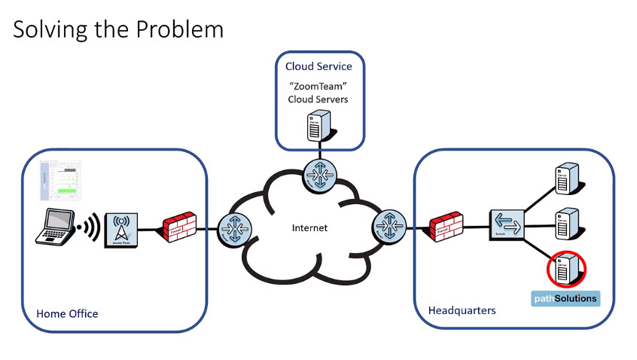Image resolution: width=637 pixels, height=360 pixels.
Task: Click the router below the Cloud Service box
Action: coord(318,175)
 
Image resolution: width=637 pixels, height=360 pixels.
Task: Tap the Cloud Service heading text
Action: coord(318,67)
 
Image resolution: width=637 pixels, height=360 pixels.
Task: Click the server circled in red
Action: coord(566,269)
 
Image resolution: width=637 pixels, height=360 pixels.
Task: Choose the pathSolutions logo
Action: coord(566,298)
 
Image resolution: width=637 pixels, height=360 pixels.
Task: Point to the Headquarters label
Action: coord(462,310)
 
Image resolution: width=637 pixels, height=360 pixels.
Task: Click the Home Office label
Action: coord(67,313)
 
